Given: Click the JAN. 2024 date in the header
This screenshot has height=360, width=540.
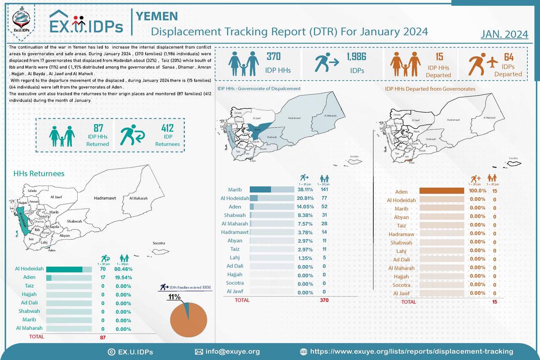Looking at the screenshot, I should tap(504, 34).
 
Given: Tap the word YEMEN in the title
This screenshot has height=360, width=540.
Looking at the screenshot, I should tap(157, 16).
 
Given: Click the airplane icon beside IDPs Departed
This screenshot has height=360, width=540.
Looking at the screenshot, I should tap(492, 62).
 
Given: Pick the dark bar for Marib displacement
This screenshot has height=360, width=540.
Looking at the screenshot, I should tap(260, 189).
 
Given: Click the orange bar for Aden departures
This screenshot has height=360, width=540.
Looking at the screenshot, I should tap(441, 191).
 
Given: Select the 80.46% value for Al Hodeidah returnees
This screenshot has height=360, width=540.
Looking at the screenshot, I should tap(123, 269).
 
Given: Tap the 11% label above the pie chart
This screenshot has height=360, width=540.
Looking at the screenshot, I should tap(174, 297).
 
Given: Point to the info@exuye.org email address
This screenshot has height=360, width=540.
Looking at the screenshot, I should tap(232, 352).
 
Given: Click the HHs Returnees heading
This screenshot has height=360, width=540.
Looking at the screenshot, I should tap(39, 173).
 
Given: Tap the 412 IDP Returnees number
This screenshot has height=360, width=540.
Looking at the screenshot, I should tap(167, 129).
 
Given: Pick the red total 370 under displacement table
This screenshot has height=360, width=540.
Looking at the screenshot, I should tap(324, 300).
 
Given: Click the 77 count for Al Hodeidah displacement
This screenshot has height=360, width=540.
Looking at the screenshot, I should tap(324, 198).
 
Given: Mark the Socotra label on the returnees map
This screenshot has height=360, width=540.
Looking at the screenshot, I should tap(159, 243).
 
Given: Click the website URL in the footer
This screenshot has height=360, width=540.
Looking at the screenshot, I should tap(411, 352).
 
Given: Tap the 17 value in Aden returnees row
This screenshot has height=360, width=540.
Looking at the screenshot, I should tap(103, 278).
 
